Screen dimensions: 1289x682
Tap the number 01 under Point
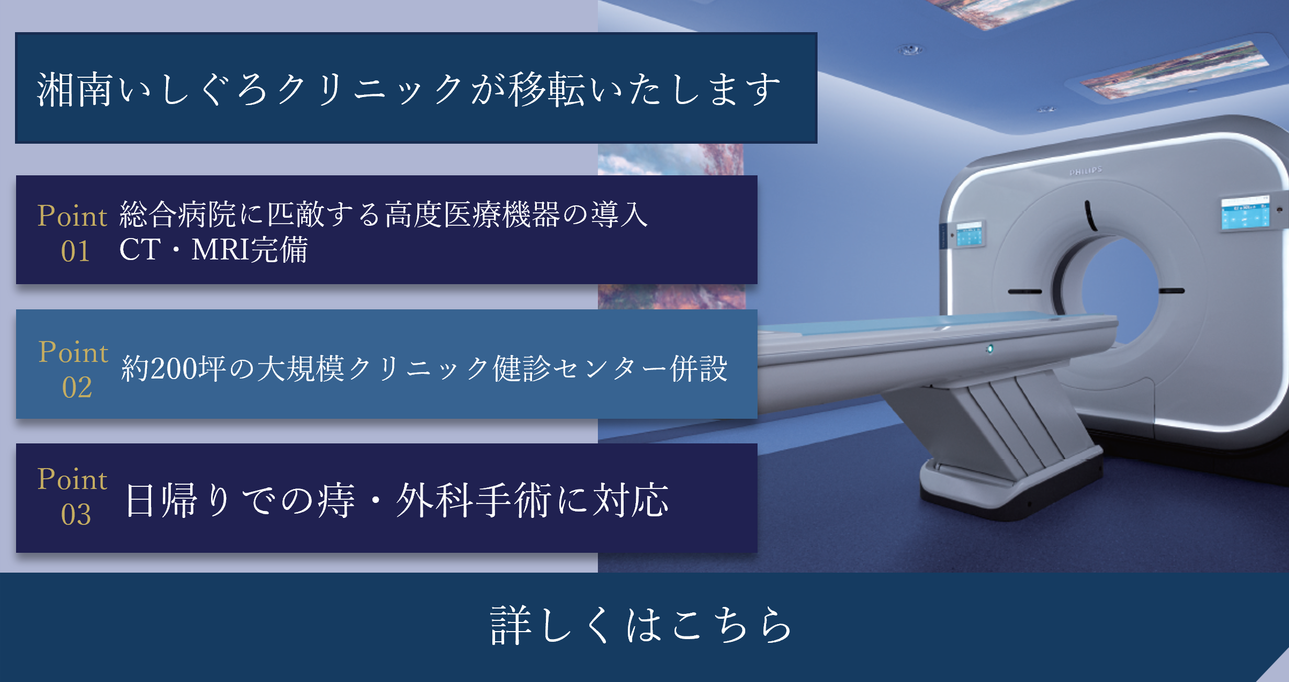[x=76, y=251]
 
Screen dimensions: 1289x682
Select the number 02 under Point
[x=77, y=387]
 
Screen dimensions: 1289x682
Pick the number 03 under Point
[x=76, y=515]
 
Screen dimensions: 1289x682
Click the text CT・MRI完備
[x=213, y=249]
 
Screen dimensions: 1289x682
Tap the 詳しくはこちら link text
[x=641, y=625]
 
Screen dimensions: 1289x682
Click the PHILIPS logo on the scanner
[x=1086, y=171]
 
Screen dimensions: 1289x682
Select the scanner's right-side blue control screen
[x=1245, y=214]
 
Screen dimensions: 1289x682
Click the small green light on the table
[x=990, y=349]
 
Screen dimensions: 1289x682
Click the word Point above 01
[x=72, y=216]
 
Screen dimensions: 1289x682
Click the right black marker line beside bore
[x=1172, y=291]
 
